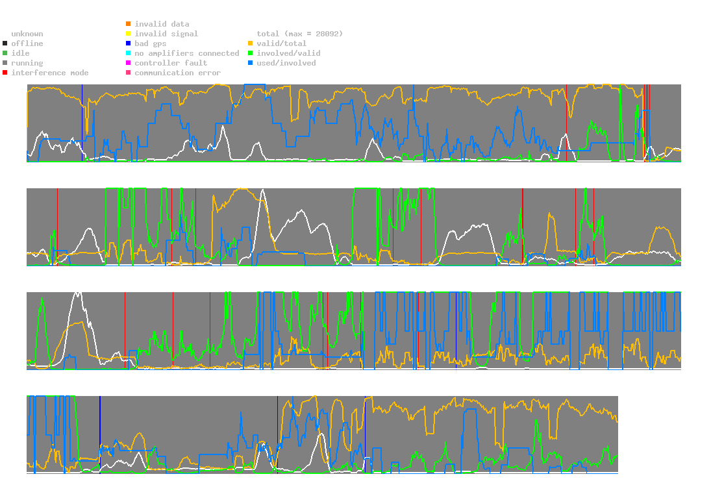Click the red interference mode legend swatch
click(5, 73)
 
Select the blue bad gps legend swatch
click(129, 43)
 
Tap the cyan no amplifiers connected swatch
click(129, 53)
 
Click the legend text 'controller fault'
click(171, 63)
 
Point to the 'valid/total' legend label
click(281, 43)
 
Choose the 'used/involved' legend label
click(286, 63)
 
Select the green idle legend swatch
click(5, 53)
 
